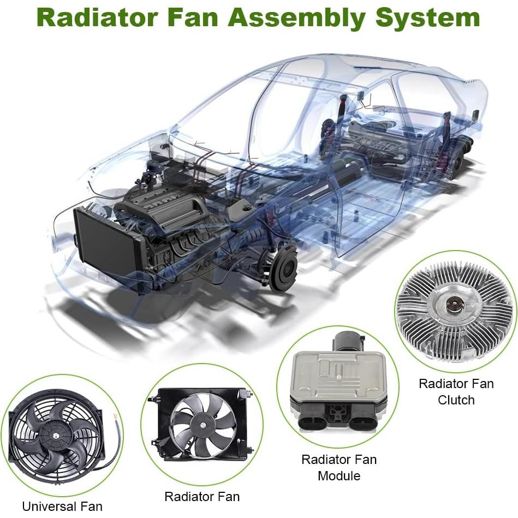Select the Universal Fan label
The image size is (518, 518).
(62, 506)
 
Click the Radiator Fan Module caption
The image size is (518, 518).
(338, 467)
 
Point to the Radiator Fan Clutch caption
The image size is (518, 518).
(456, 391)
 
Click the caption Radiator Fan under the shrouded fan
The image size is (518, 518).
(201, 496)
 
